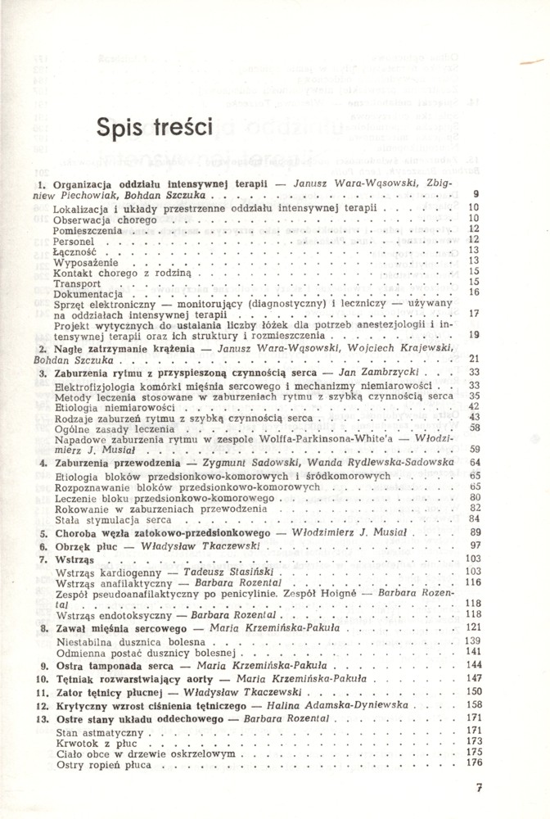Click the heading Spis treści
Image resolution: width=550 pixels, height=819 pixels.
154,128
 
